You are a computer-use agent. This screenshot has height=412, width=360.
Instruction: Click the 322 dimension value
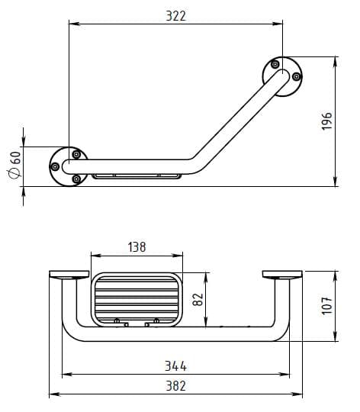point(176,16)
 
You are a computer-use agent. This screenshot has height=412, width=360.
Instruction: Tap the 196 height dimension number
point(327,121)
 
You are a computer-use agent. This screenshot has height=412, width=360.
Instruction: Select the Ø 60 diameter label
point(15,165)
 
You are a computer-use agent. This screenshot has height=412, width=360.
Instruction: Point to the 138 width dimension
point(137,247)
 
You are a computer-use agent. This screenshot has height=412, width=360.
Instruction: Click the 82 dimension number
point(198,300)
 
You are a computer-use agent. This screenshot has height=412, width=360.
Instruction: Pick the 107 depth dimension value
point(327,306)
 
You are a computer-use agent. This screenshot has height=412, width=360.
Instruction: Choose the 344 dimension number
point(175,366)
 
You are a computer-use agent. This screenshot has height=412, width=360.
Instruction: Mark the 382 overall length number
point(175,386)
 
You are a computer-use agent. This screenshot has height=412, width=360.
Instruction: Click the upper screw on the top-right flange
point(275,64)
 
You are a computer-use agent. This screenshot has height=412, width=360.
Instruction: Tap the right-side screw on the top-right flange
point(297,77)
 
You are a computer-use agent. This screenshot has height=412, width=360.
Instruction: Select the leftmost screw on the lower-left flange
point(55,166)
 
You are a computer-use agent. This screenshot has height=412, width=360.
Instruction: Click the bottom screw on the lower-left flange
point(76,179)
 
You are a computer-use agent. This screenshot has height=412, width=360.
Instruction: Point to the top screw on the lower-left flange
point(76,154)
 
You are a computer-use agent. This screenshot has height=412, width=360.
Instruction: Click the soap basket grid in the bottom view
point(137,300)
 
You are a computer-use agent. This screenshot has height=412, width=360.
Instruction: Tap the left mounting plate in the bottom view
point(69,275)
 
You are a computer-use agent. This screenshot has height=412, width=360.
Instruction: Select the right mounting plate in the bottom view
point(282,275)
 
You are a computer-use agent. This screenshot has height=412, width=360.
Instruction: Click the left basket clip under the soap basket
point(121,323)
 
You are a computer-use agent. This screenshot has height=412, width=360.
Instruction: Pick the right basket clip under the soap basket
point(153,323)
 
